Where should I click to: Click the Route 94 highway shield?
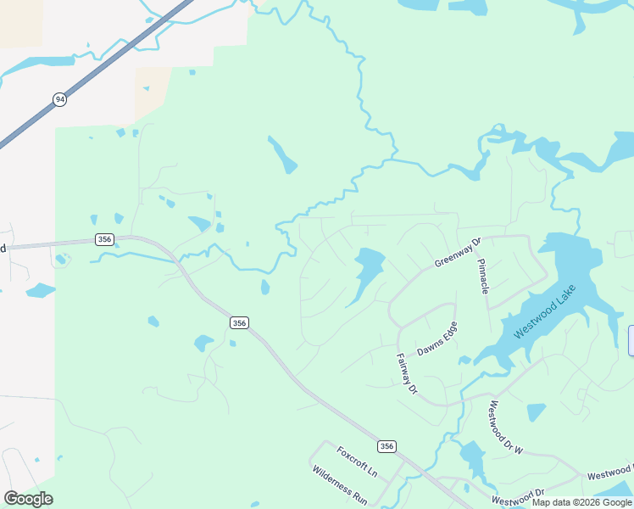tap(59, 99)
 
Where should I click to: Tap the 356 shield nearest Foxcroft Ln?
tap(387, 446)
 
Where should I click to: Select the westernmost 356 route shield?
tap(104, 239)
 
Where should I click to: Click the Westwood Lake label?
tap(542, 317)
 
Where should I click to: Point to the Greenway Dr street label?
tap(458, 252)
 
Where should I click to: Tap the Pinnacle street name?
tap(483, 277)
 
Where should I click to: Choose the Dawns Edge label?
tap(437, 339)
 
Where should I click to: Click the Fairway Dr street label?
tap(408, 374)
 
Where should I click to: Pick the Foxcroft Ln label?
tap(356, 461)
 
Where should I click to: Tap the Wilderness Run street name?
tap(338, 485)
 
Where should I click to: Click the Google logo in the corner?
tap(28, 498)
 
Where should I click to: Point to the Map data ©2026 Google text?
tap(581, 503)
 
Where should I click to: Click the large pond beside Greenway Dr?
tap(366, 271)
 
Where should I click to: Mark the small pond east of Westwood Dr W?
tap(536, 412)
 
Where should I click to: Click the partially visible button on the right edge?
tap(631, 340)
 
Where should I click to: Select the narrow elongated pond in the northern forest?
tap(282, 154)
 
